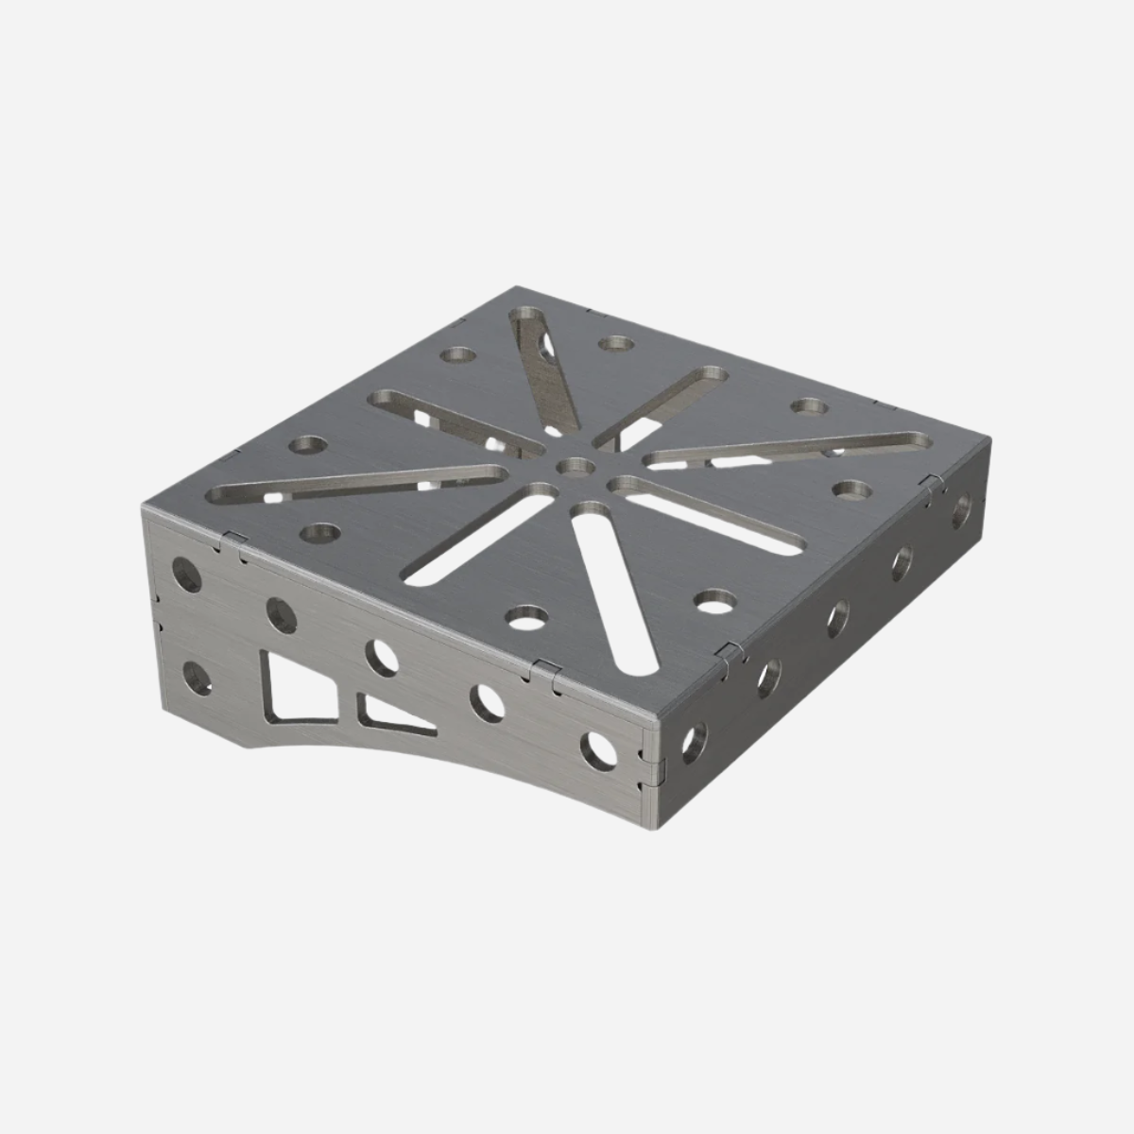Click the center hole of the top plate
coord(575,465)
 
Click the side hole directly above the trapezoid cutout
coord(281,615)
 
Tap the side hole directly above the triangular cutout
coord(382,657)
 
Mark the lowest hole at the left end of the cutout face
coord(198,678)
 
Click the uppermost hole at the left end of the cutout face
coord(186,574)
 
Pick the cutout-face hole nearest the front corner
coord(599,748)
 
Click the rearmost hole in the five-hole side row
coord(961,511)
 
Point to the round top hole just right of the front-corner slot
coord(715,600)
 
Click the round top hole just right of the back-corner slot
coord(616,344)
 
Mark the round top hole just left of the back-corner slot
coord(460,356)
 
